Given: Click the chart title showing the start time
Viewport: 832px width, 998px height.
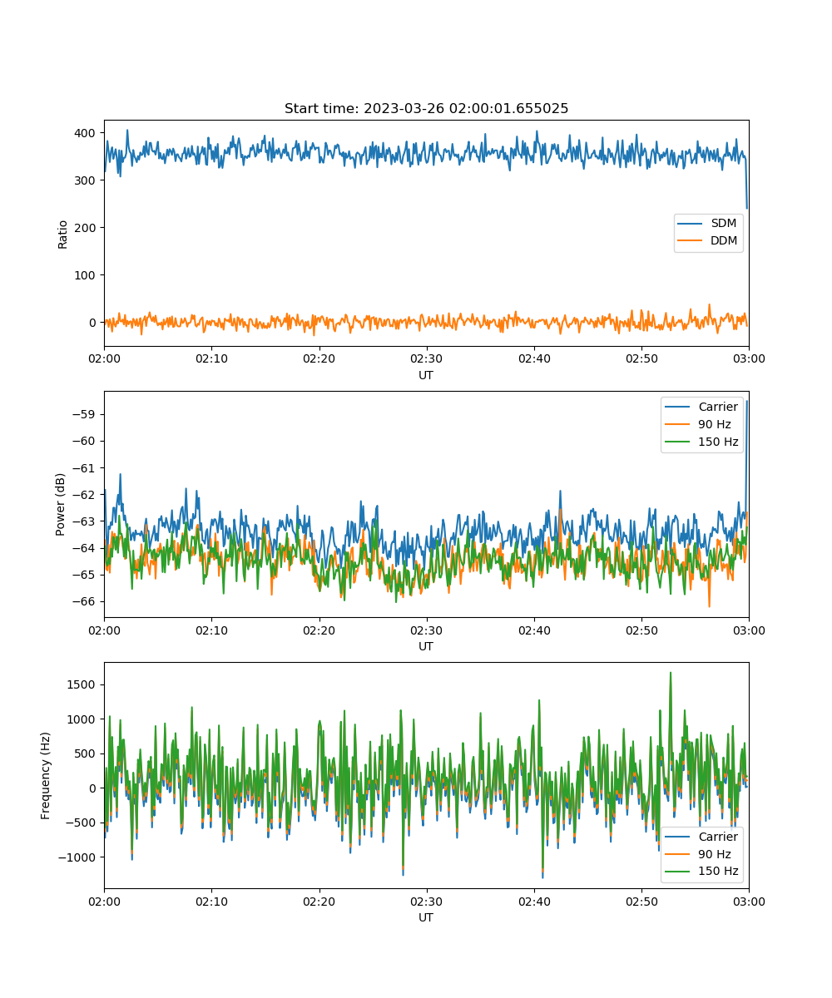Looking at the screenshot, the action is click(426, 108).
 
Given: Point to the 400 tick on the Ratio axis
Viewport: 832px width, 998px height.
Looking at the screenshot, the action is click(85, 133).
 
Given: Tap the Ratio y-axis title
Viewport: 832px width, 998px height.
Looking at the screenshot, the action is click(62, 235).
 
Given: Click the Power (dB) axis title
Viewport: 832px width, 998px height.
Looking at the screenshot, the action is click(60, 504).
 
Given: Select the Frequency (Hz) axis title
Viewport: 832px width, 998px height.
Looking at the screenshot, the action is click(45, 775).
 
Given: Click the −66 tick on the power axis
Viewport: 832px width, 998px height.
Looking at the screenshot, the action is click(84, 601).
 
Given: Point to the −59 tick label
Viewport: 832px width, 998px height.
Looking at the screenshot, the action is click(84, 414).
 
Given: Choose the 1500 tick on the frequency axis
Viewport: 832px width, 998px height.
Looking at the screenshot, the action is click(81, 684).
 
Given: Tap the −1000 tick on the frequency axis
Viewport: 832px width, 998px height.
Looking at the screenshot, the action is click(77, 857).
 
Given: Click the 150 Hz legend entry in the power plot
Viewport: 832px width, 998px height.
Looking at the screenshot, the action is click(701, 442).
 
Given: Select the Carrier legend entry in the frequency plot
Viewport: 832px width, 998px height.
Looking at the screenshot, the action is click(701, 837).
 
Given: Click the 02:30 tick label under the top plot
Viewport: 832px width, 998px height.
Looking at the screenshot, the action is click(427, 358).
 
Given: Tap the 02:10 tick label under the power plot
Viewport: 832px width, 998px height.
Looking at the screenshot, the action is click(212, 630).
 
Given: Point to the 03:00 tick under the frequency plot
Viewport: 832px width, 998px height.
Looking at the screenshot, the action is click(749, 902).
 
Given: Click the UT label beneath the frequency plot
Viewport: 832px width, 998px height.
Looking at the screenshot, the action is click(425, 917).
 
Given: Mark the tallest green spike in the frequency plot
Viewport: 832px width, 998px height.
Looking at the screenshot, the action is click(671, 673).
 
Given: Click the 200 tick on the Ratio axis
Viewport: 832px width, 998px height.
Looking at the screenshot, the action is click(85, 228).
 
